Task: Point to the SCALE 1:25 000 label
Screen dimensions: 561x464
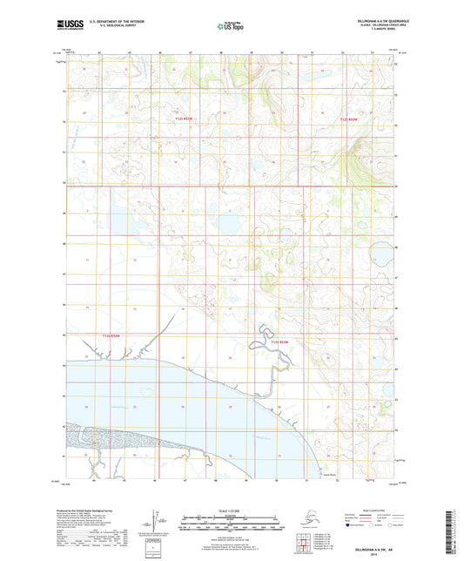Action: pos(231,510)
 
